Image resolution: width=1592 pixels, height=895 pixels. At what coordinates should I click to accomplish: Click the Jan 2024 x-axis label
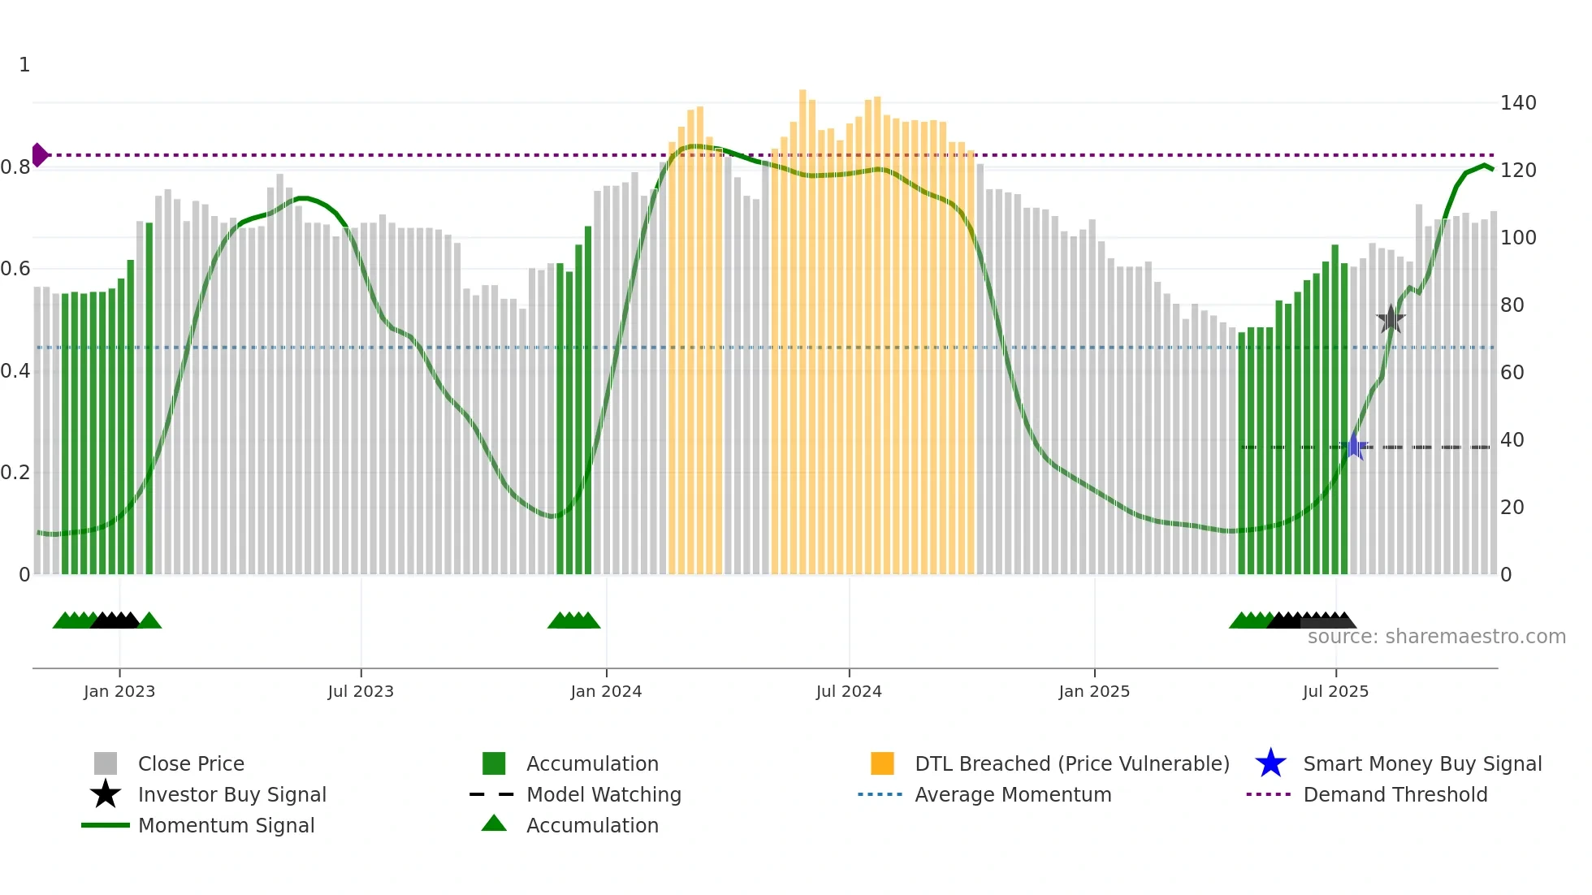[x=606, y=691]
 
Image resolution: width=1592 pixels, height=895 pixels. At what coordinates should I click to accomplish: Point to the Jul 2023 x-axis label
[x=361, y=691]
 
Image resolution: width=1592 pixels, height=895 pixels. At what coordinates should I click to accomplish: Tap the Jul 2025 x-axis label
[x=1335, y=691]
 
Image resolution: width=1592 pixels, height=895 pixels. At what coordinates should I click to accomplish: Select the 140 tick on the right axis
[x=1517, y=103]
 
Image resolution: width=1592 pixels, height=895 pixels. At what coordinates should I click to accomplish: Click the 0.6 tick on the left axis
[x=15, y=269]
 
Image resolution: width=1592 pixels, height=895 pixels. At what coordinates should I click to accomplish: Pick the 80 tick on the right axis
[x=1512, y=305]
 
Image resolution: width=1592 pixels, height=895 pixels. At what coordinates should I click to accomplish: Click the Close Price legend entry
[x=191, y=763]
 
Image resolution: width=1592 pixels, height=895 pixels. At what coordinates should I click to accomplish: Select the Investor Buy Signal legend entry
[x=231, y=794]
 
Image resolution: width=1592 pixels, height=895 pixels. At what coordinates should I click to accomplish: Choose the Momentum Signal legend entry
[x=226, y=825]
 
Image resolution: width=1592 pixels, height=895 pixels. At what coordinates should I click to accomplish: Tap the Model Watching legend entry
[x=603, y=794]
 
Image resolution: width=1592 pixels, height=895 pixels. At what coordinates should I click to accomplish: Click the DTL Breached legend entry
[x=1071, y=763]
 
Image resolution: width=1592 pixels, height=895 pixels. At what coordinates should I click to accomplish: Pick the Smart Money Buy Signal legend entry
[x=1421, y=763]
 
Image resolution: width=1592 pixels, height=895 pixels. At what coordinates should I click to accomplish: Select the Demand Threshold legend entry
[x=1395, y=794]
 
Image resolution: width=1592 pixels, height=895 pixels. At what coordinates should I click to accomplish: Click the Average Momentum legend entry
[x=1012, y=794]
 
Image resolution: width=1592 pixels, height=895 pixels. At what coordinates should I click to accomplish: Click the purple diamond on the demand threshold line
[x=39, y=154]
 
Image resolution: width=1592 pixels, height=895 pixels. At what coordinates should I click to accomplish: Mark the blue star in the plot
[x=1354, y=447]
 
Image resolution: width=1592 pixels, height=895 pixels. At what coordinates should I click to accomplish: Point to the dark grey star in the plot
[x=1391, y=319]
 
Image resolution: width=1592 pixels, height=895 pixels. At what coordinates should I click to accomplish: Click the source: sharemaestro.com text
[x=1436, y=637]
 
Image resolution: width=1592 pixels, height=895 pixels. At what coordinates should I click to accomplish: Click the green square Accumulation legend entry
[x=591, y=763]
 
